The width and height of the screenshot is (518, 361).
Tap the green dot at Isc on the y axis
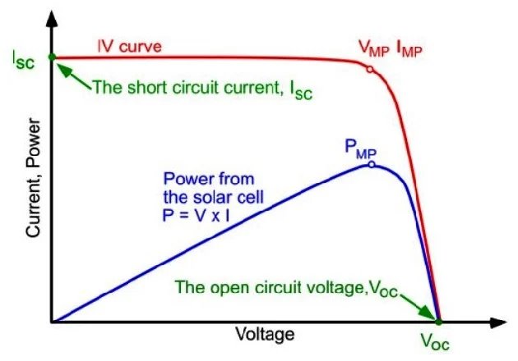point(52,57)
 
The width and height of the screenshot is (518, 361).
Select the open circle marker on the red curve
point(369,70)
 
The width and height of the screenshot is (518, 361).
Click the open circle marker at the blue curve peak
point(372,164)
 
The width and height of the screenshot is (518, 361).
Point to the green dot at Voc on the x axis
point(438,321)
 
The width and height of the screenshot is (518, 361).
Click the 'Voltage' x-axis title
point(265,336)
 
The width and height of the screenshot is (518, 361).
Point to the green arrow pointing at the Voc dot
point(419,308)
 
